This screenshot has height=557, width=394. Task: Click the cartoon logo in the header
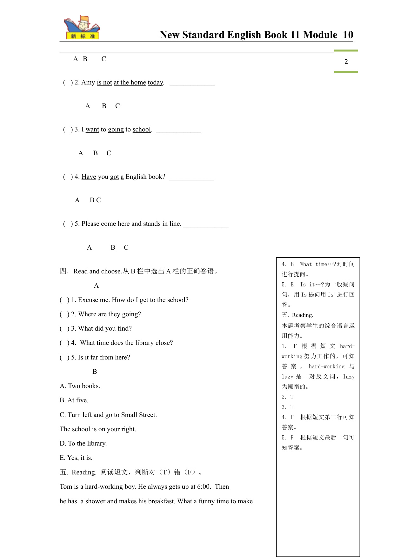(82, 28)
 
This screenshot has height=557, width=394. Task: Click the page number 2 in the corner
(346, 62)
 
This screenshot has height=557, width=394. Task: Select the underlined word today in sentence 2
(155, 83)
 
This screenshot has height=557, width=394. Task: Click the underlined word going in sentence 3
(116, 130)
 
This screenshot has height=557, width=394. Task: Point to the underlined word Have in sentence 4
(89, 177)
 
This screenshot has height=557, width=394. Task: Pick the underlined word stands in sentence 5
(152, 224)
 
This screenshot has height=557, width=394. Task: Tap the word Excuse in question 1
(88, 300)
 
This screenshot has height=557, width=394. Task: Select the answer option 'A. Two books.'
(80, 386)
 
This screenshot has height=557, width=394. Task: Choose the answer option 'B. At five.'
(74, 400)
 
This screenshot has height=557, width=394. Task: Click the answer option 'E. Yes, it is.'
(76, 458)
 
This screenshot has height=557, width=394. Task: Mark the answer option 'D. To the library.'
(83, 443)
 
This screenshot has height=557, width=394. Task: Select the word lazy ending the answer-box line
(349, 377)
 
